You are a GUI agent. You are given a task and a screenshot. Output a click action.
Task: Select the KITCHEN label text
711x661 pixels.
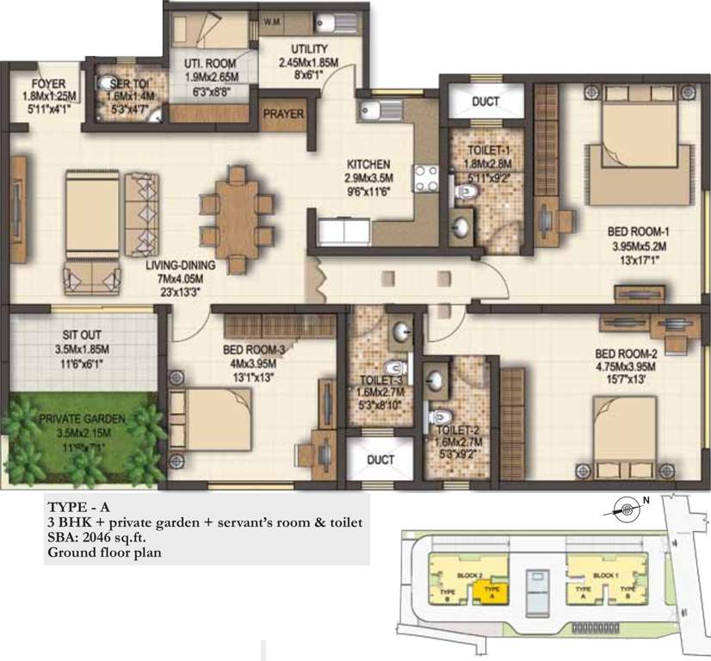(368, 164)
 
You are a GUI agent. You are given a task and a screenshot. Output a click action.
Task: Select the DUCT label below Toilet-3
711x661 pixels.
(380, 460)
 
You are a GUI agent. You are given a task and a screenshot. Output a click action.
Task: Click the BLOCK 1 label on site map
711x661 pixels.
(607, 573)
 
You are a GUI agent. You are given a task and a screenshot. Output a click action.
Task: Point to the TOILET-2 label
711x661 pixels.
(452, 430)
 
